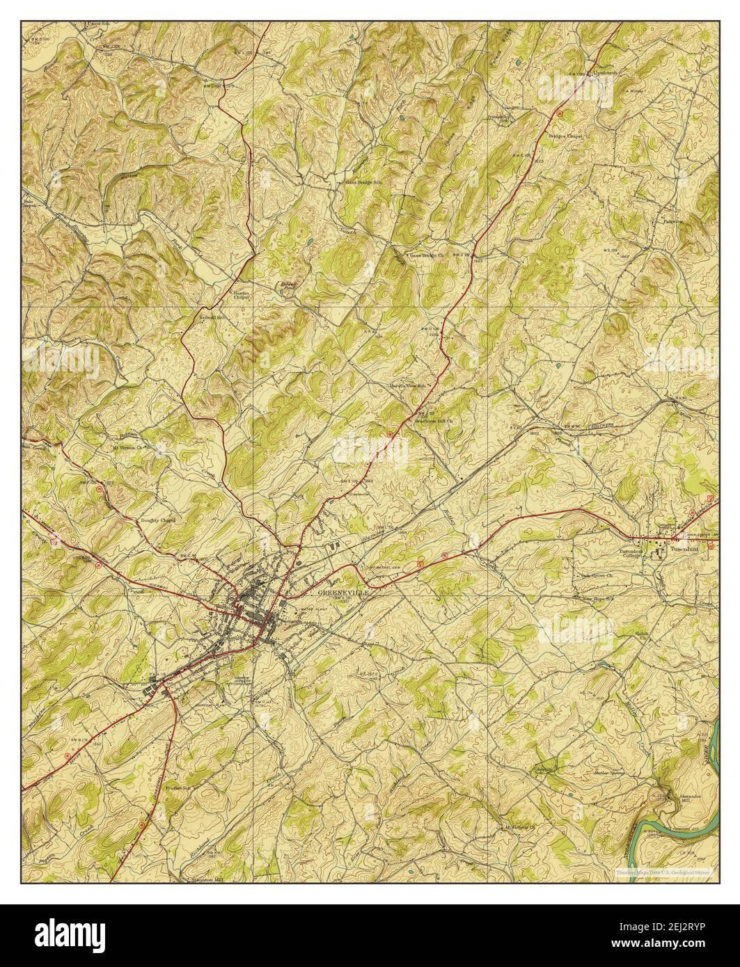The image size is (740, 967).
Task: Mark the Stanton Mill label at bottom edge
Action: pos(209,879)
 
